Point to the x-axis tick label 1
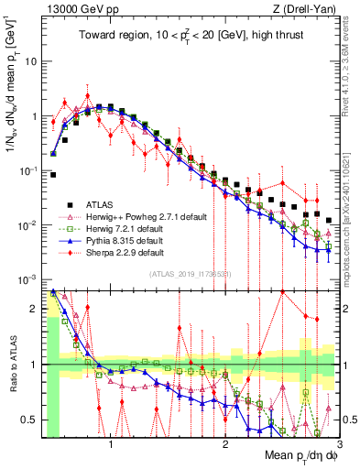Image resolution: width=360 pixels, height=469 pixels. [112, 443]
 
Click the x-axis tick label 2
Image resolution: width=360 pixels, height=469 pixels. [224, 443]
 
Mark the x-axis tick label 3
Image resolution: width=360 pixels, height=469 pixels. [337, 443]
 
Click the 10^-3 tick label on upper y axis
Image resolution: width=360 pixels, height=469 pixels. [27, 278]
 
